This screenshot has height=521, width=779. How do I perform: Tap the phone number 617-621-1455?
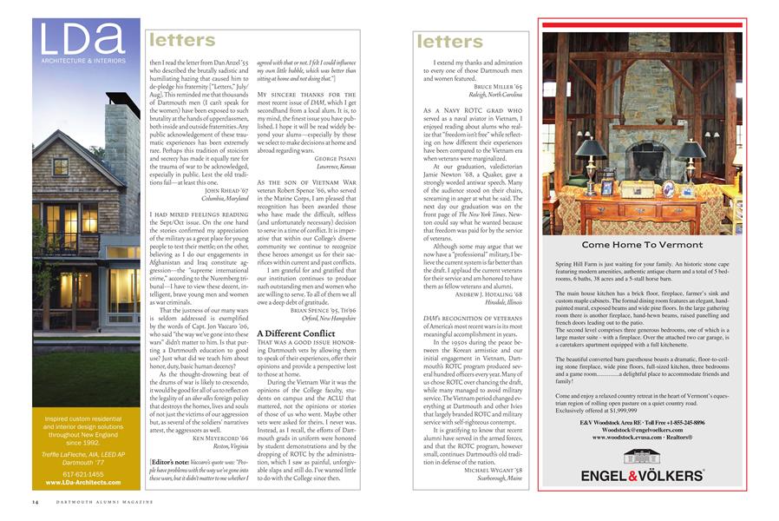pos(86,475)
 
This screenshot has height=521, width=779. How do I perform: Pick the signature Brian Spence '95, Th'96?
pos(322,308)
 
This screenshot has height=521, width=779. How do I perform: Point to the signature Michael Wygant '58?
pos(494,470)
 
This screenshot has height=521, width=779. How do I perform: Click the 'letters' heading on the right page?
pos(448,41)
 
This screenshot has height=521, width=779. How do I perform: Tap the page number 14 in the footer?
pos(36,502)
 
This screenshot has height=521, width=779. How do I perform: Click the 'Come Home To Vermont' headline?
pos(641,246)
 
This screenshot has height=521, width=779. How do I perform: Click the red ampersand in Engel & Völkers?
pos(631,476)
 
